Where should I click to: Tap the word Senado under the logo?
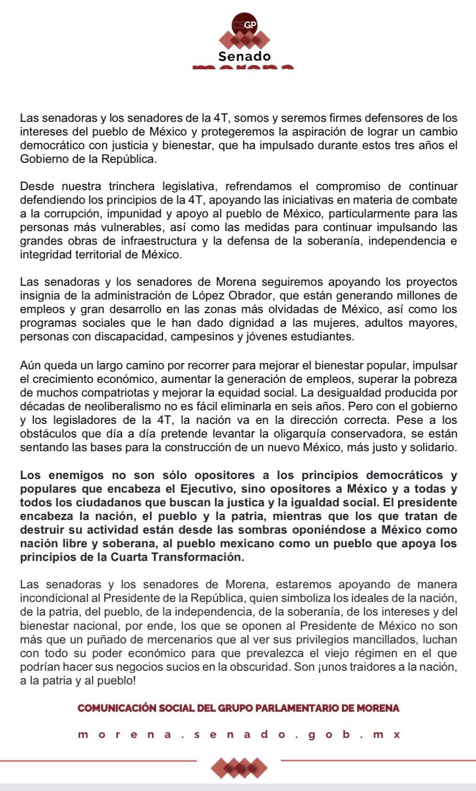pyautogui.click(x=245, y=56)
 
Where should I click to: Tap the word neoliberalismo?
pyautogui.click(x=105, y=406)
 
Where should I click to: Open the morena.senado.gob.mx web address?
pyautogui.click(x=238, y=734)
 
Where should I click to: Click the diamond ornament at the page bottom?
pyautogui.click(x=239, y=768)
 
